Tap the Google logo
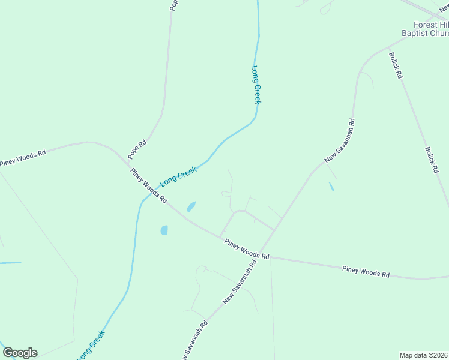[20, 353]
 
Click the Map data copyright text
[423, 355]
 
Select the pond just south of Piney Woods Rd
[164, 230]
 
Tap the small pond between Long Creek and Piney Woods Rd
[191, 206]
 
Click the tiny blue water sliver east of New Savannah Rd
[331, 187]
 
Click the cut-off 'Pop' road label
[174, 5]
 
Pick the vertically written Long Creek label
[256, 84]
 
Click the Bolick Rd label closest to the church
[395, 66]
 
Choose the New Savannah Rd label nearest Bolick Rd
[340, 140]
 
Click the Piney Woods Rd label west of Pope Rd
[23, 158]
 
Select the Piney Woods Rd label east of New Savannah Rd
[366, 272]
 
